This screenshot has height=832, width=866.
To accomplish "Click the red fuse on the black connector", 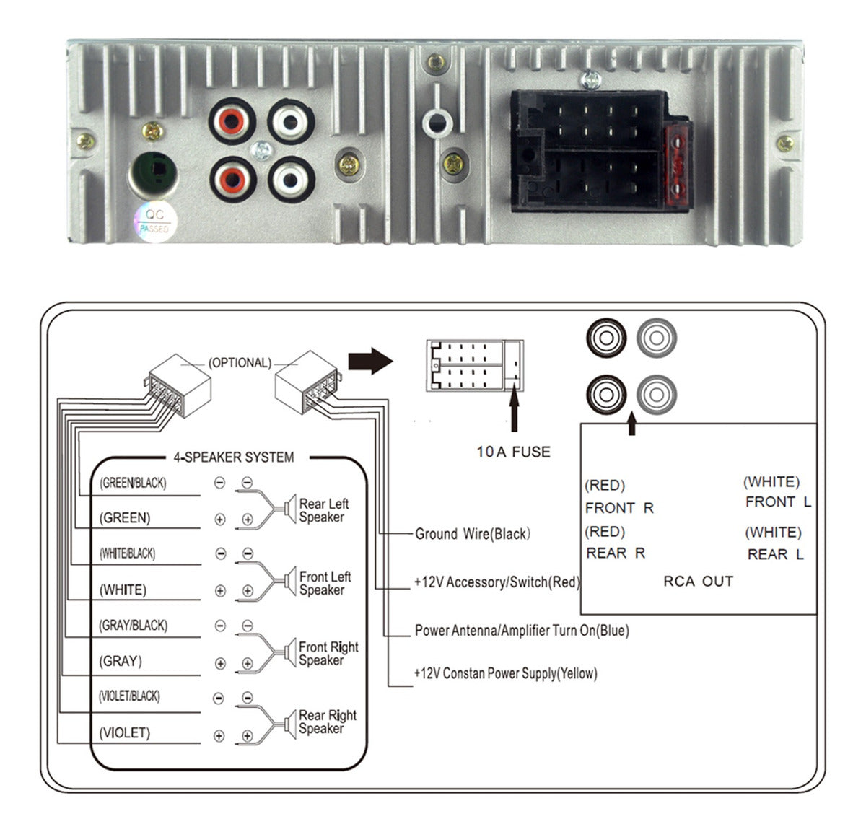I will click(677, 165).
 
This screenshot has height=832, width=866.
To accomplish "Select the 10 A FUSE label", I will click(513, 452).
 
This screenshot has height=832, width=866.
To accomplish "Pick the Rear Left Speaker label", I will click(323, 510).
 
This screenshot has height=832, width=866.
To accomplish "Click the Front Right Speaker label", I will click(328, 654).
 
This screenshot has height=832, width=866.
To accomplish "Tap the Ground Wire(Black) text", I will click(473, 534).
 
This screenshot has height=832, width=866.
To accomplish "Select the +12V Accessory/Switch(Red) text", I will click(497, 582).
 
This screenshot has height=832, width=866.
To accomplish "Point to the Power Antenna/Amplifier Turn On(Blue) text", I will click(521, 631).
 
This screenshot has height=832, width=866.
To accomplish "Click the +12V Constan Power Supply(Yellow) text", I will click(505, 673).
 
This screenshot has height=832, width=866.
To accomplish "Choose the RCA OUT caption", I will click(698, 582).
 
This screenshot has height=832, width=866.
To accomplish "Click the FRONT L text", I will click(778, 502).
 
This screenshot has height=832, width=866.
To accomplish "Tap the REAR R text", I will click(615, 553).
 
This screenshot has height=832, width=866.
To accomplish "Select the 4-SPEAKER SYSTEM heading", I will click(233, 457).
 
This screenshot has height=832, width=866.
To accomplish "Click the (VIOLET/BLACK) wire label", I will click(129, 696).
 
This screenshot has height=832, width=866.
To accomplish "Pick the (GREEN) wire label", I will click(125, 518).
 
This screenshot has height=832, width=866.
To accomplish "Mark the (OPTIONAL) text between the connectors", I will click(240, 363).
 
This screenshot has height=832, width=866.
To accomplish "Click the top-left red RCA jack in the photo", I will click(233, 121).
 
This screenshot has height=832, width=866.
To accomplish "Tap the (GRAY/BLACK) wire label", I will click(133, 626).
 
